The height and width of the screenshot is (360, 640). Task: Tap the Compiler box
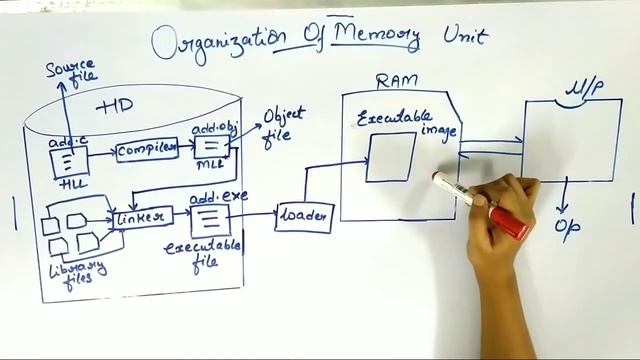click(146, 150)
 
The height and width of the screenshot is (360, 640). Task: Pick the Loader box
click(302, 216)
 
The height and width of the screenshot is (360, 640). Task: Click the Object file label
click(283, 126)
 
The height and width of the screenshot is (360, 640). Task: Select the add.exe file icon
click(206, 219)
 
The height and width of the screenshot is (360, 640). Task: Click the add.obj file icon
click(213, 148)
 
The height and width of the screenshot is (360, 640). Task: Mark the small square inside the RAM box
click(390, 157)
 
